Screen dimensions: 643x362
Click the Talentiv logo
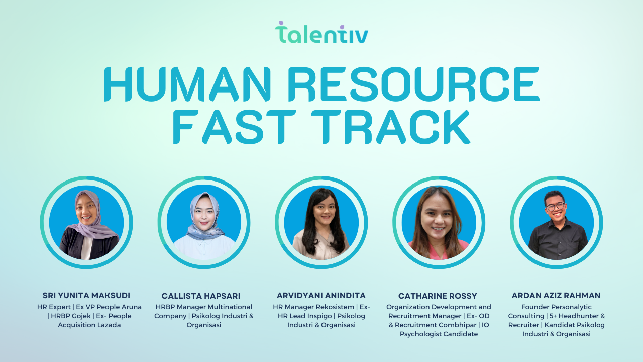[321, 32]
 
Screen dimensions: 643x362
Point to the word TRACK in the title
[391, 127]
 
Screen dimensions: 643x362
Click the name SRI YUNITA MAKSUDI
[86, 295]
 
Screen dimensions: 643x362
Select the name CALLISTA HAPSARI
[201, 296]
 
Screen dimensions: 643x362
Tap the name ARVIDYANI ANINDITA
[321, 295]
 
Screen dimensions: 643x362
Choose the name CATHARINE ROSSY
[438, 296]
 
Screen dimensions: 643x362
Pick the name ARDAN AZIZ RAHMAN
[556, 295]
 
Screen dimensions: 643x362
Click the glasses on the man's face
[556, 207]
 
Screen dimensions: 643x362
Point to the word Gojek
[81, 316]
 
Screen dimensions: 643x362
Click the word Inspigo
[318, 316]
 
